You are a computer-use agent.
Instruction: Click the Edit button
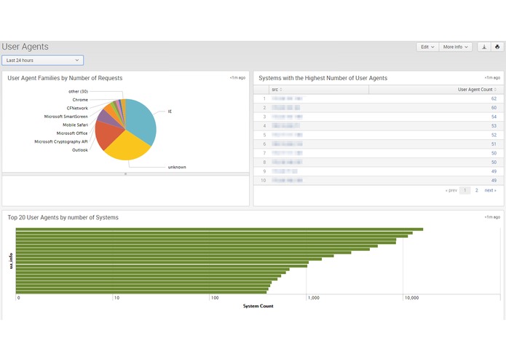pos(427,47)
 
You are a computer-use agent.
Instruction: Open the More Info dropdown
pos(456,47)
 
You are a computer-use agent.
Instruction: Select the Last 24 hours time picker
pos(43,60)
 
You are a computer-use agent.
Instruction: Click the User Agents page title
pos(25,47)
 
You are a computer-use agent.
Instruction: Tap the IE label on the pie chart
pos(170,111)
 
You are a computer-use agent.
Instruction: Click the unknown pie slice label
pos(177,167)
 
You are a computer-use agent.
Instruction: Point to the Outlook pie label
pos(80,150)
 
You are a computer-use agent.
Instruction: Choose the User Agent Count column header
pos(477,90)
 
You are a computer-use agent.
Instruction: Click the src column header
pos(274,90)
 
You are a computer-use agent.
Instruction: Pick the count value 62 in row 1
pos(494,98)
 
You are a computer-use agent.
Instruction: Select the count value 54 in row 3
pos(494,117)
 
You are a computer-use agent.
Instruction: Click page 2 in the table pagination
pos(477,190)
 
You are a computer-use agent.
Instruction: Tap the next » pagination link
pos(491,190)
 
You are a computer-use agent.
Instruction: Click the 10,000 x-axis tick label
pos(412,298)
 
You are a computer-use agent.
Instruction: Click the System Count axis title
pos(258,306)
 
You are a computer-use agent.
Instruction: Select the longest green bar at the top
pos(218,230)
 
